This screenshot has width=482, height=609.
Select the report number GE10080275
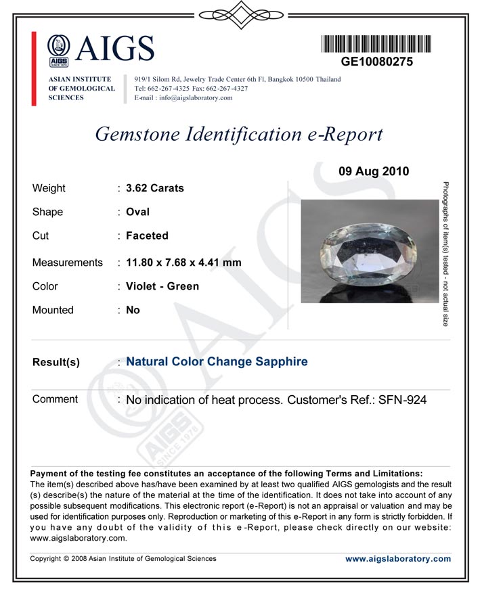(x=376, y=62)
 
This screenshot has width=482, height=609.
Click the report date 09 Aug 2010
(x=374, y=171)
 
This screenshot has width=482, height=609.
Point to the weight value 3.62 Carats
(x=155, y=188)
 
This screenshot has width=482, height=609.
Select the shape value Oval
(x=138, y=212)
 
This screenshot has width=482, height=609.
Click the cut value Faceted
(x=147, y=235)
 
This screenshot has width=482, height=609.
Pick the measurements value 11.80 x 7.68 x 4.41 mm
(x=183, y=263)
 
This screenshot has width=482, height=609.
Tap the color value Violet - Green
(x=162, y=286)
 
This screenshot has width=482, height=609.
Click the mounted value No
(x=133, y=310)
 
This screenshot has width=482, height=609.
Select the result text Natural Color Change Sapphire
(x=217, y=361)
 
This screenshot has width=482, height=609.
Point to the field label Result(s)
(x=56, y=362)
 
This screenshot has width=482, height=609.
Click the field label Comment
(x=55, y=399)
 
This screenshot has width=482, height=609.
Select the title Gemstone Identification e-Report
(x=239, y=134)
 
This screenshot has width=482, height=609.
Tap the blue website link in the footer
(x=397, y=559)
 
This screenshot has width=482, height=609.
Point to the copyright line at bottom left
(x=123, y=559)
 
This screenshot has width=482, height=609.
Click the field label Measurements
(x=68, y=263)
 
